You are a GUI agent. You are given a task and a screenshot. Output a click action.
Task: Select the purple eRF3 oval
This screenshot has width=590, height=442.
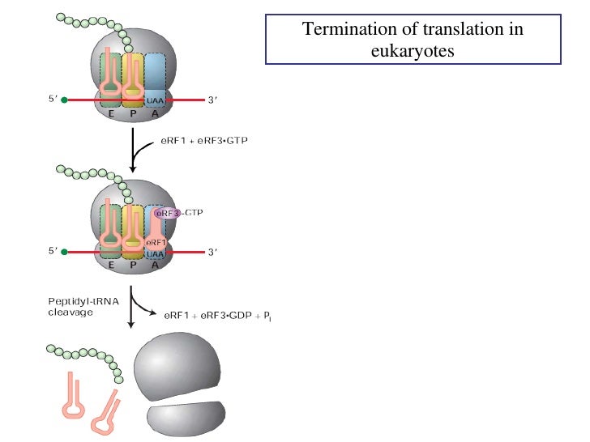168,213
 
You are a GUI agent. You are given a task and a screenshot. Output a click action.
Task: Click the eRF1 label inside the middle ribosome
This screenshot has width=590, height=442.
156,241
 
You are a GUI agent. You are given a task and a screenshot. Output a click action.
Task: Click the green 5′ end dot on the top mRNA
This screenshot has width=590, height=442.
64,100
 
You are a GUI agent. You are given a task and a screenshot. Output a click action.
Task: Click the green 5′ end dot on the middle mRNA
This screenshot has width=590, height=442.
64,253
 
